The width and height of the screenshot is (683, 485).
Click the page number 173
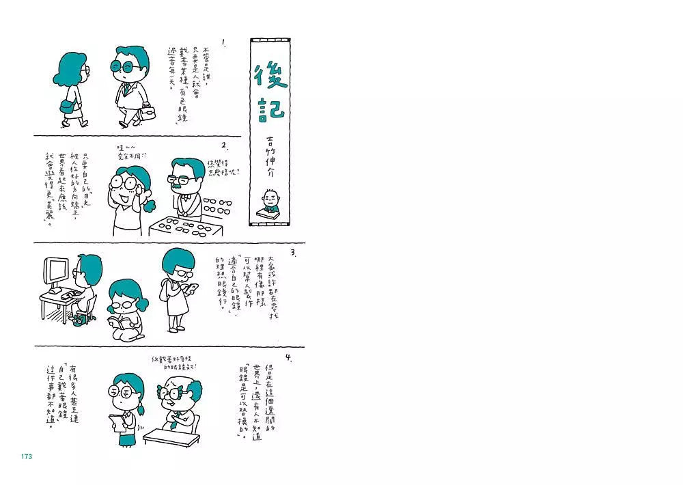click(x=27, y=456)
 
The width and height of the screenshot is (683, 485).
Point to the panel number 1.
click(x=224, y=42)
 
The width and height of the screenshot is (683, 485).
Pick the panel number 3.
click(x=292, y=252)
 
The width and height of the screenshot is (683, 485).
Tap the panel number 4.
click(x=289, y=357)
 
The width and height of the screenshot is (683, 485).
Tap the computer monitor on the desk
click(x=57, y=273)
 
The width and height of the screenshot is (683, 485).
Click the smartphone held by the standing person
click(x=193, y=288)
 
